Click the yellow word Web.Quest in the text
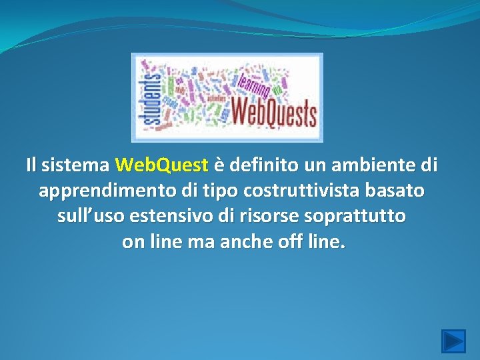162,164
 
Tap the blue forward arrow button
454,341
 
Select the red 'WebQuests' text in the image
273,112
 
